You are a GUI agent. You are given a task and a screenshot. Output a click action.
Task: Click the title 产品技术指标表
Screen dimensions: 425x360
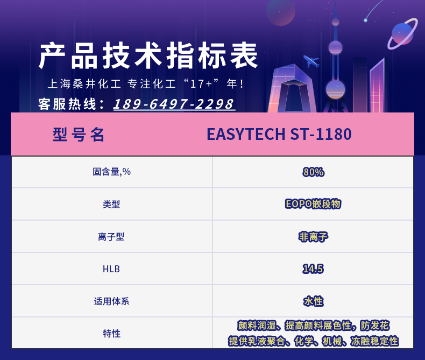click(148, 56)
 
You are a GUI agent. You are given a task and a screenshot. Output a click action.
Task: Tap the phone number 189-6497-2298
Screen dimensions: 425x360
click(174, 104)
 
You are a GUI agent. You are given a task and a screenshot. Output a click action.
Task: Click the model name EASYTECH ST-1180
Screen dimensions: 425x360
click(279, 134)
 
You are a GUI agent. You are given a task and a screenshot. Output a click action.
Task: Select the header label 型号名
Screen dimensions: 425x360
click(79, 135)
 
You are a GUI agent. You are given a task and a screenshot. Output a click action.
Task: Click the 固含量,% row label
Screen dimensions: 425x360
click(112, 172)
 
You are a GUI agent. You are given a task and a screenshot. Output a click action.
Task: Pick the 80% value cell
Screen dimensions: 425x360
click(313, 172)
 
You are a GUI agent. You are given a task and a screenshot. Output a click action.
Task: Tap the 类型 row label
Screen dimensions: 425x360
click(111, 204)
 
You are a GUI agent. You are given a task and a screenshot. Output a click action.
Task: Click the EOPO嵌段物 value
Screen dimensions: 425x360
click(313, 204)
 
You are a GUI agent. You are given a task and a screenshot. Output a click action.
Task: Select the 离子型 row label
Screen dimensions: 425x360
click(111, 237)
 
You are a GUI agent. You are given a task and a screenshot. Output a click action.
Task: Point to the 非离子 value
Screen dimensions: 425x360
click(313, 237)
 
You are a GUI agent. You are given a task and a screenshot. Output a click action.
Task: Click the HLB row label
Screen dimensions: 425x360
click(111, 269)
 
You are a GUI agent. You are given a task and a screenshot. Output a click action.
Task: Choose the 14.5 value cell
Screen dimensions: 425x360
click(313, 269)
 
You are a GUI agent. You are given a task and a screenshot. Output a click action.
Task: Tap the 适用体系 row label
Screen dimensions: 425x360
click(112, 301)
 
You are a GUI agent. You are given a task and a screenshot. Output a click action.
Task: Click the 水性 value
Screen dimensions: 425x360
click(313, 301)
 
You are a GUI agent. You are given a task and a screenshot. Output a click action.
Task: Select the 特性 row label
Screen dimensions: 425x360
click(112, 334)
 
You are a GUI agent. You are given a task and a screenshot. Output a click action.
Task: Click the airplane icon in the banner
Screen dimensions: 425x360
click(311, 61)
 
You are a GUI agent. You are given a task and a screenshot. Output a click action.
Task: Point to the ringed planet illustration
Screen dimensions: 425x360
click(402, 33)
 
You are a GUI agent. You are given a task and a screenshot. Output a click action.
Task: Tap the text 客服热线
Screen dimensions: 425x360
click(67, 104)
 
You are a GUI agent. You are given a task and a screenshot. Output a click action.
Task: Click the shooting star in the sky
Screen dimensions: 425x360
click(374, 10)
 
